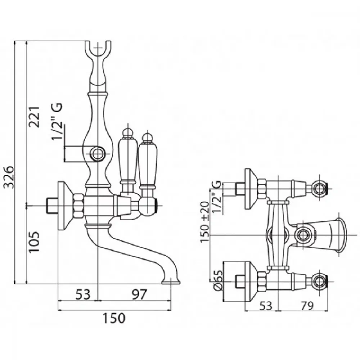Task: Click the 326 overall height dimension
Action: point(10,177)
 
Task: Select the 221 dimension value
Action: point(34,117)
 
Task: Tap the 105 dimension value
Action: point(34,242)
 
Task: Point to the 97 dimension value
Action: point(139,294)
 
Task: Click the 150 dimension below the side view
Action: point(114,318)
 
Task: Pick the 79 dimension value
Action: point(306,306)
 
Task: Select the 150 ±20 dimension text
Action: point(204,222)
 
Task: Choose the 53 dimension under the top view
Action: point(266,306)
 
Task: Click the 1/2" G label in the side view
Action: point(57,121)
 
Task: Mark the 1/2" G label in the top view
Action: point(217,197)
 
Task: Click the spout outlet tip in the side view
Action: point(171,282)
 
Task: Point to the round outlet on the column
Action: point(98,153)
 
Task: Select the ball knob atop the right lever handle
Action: point(147,137)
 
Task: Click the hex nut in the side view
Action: point(78,206)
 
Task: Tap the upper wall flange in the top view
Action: point(251,189)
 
